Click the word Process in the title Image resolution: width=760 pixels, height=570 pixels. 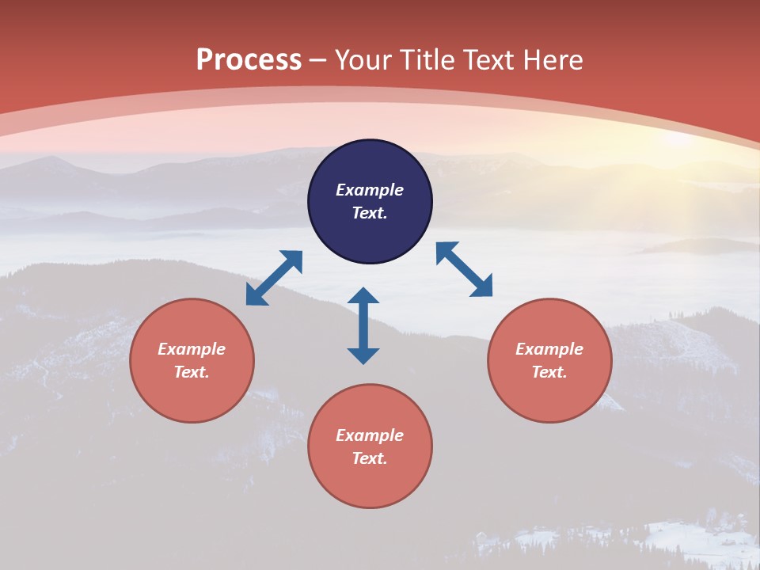coord(249,59)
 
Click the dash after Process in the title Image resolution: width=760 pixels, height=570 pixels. coord(318,61)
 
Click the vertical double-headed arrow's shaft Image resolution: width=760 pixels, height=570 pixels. coord(363,325)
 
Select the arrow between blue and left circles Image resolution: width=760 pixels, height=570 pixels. coord(274,278)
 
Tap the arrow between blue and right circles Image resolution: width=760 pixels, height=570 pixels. coord(464,269)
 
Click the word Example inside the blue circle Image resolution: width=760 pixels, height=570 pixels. coord(370,190)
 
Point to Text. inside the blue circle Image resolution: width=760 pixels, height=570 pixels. coord(370,213)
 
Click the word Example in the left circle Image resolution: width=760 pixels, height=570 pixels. coord(192,349)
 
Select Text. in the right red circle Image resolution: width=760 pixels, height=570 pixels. coord(549,372)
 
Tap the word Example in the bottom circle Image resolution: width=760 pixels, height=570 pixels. coord(370,435)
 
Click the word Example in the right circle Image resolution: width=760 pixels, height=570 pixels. coord(549,349)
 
